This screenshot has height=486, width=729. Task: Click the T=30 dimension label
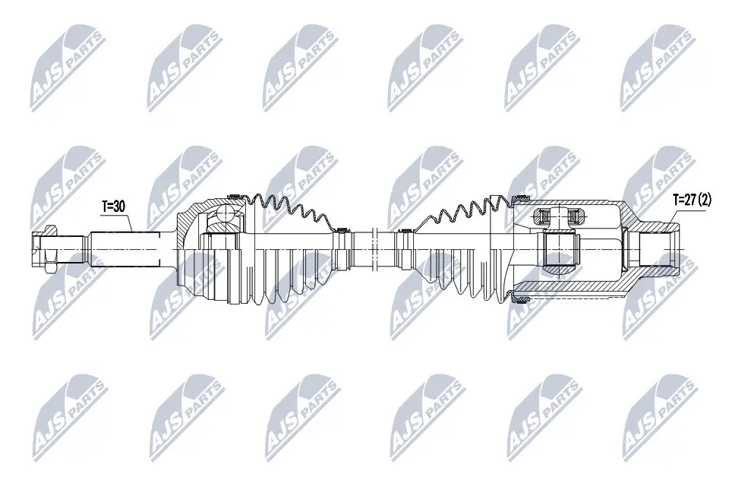115,205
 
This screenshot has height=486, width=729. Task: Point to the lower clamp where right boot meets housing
519,299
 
